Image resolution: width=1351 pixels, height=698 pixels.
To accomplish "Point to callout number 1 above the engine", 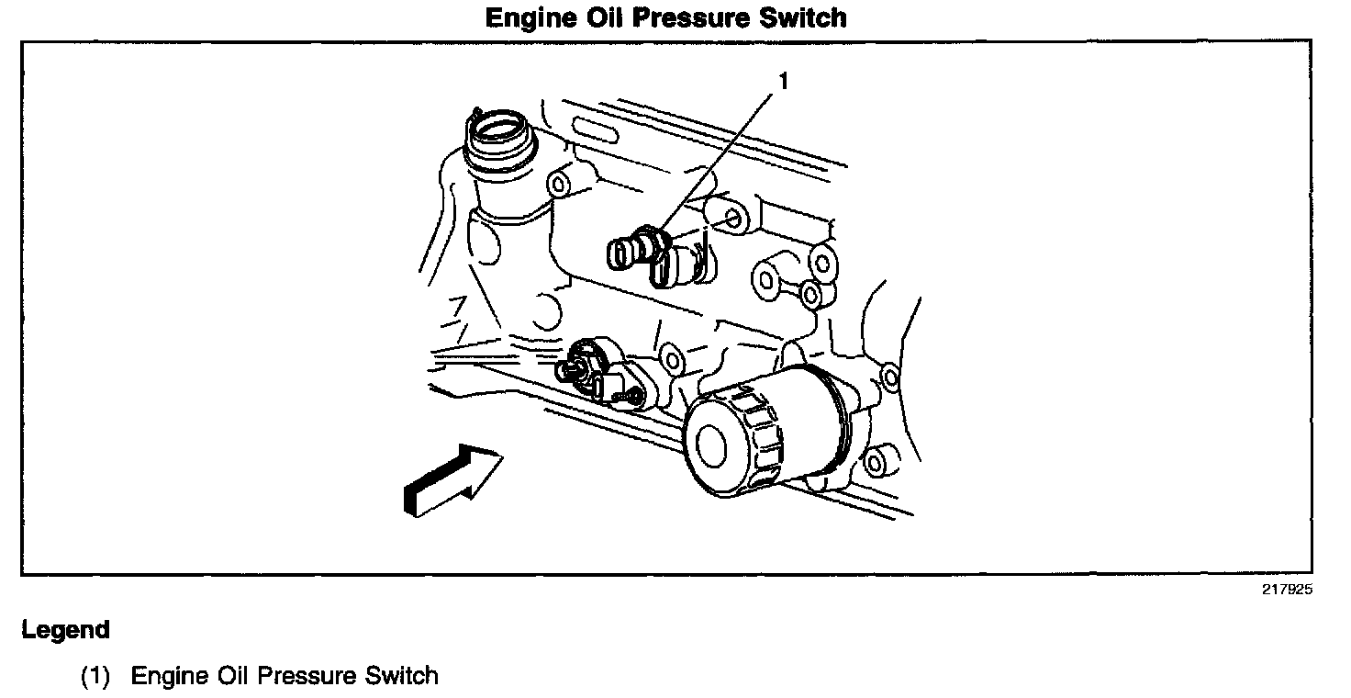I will point(783,82).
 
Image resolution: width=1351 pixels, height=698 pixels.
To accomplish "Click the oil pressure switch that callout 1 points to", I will point(642,249).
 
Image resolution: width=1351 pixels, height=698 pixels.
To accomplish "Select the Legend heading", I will point(65,631).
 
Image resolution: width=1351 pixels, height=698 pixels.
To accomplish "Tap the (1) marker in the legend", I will point(95,677).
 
